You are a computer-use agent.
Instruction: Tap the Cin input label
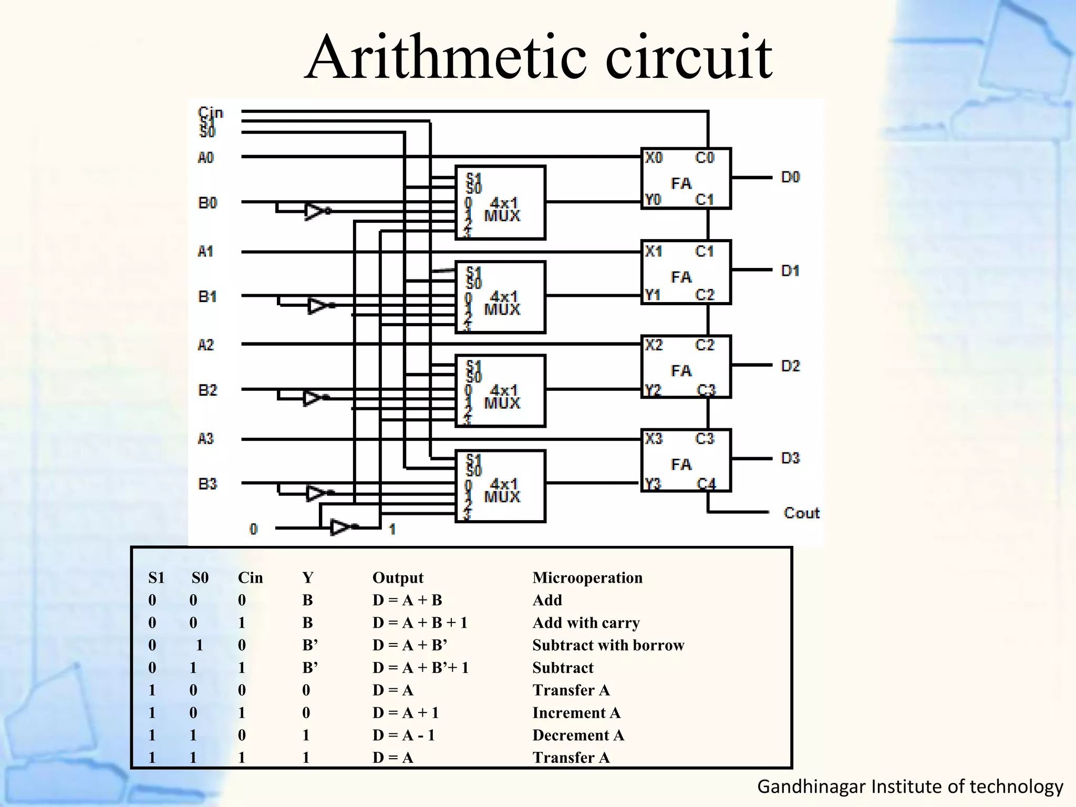point(211,112)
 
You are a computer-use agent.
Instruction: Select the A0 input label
point(205,158)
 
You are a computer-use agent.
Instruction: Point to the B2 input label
point(207,390)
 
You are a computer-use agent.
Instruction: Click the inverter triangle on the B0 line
point(315,211)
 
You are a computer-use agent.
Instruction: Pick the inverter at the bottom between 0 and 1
point(340,526)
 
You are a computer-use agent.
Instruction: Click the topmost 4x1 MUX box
point(500,203)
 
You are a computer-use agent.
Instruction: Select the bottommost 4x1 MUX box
point(500,486)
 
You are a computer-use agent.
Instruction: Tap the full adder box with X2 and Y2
point(686,367)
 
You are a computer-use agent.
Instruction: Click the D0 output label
point(790,177)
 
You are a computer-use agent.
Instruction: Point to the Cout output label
point(801,513)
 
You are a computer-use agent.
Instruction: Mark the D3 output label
point(790,458)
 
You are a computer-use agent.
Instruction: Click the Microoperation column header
point(587,577)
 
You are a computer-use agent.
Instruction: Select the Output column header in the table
point(398,577)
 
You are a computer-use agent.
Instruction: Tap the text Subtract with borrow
point(608,645)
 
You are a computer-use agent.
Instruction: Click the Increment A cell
point(576,713)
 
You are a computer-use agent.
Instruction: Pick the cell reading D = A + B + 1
point(420,623)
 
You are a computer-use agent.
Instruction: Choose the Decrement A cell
point(578,735)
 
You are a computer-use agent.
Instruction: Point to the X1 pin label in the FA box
point(654,251)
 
